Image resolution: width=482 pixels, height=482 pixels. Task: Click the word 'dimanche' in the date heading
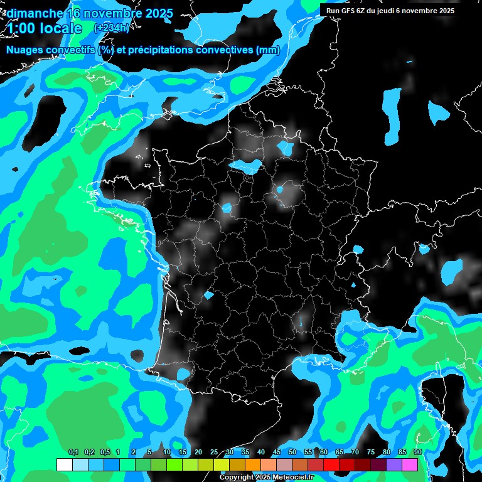(x=34, y=13)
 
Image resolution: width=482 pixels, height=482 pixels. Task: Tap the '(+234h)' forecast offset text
(x=111, y=28)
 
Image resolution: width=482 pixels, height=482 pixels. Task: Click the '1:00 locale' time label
(x=44, y=28)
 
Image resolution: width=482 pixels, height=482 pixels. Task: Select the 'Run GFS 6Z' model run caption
(x=349, y=11)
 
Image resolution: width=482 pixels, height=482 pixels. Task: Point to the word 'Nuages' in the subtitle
(x=26, y=50)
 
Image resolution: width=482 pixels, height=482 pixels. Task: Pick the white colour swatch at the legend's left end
(x=64, y=464)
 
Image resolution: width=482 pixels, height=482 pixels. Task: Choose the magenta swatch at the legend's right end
(x=410, y=464)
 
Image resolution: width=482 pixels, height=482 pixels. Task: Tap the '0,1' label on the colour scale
(x=73, y=453)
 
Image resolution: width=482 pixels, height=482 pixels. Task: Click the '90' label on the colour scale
(x=417, y=453)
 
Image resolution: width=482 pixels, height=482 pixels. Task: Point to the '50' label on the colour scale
(x=292, y=453)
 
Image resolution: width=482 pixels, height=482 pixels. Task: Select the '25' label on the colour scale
(x=214, y=453)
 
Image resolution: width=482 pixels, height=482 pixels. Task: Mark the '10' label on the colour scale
(x=166, y=453)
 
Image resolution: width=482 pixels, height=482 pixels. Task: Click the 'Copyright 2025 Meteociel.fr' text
(x=266, y=477)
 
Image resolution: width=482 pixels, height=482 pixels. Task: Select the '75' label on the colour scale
(x=371, y=453)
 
